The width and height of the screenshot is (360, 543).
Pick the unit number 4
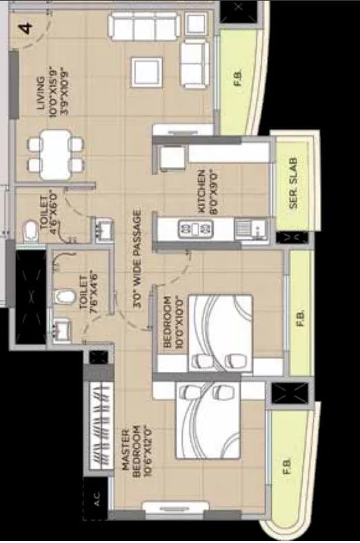pos(25,30)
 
